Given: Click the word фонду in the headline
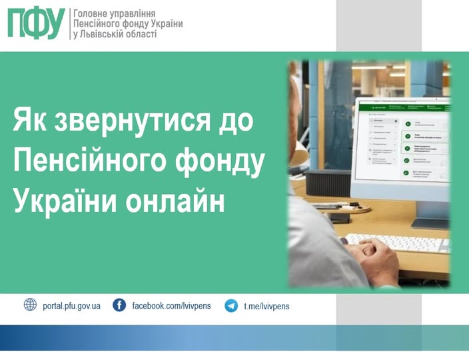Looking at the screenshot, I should click(221, 161).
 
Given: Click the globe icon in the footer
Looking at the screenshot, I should click(30, 305).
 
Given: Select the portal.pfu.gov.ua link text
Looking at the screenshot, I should click(71, 306).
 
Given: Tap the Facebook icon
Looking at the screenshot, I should click(119, 305).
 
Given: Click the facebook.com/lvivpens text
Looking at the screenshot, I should click(171, 306).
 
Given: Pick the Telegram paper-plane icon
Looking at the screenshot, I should click(231, 306).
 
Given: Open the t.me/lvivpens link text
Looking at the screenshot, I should click(266, 306).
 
